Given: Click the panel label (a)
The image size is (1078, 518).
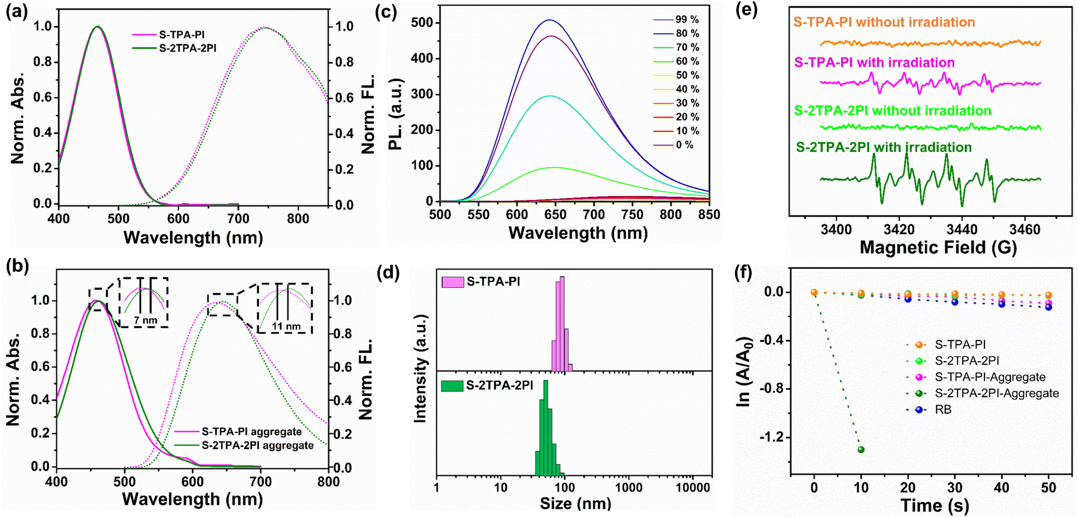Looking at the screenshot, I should tap(17, 12).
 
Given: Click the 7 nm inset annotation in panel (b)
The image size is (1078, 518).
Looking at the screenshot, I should tap(145, 321).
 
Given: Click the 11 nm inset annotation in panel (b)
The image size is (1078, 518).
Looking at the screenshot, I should tap(286, 326).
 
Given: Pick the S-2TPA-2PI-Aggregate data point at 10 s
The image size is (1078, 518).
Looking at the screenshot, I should tap(861, 450).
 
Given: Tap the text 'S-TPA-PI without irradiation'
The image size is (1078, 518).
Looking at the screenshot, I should tap(884, 23).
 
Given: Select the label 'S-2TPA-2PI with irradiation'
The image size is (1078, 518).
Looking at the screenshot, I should tap(884, 148).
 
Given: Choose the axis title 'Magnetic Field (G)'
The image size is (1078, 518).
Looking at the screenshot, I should tap(938, 247).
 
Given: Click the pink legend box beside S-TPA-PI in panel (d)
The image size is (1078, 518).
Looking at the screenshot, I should tap(452, 282).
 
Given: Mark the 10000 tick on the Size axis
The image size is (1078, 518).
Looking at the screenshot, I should tap(693, 488).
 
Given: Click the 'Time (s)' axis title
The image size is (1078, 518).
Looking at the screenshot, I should tap(934, 505).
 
